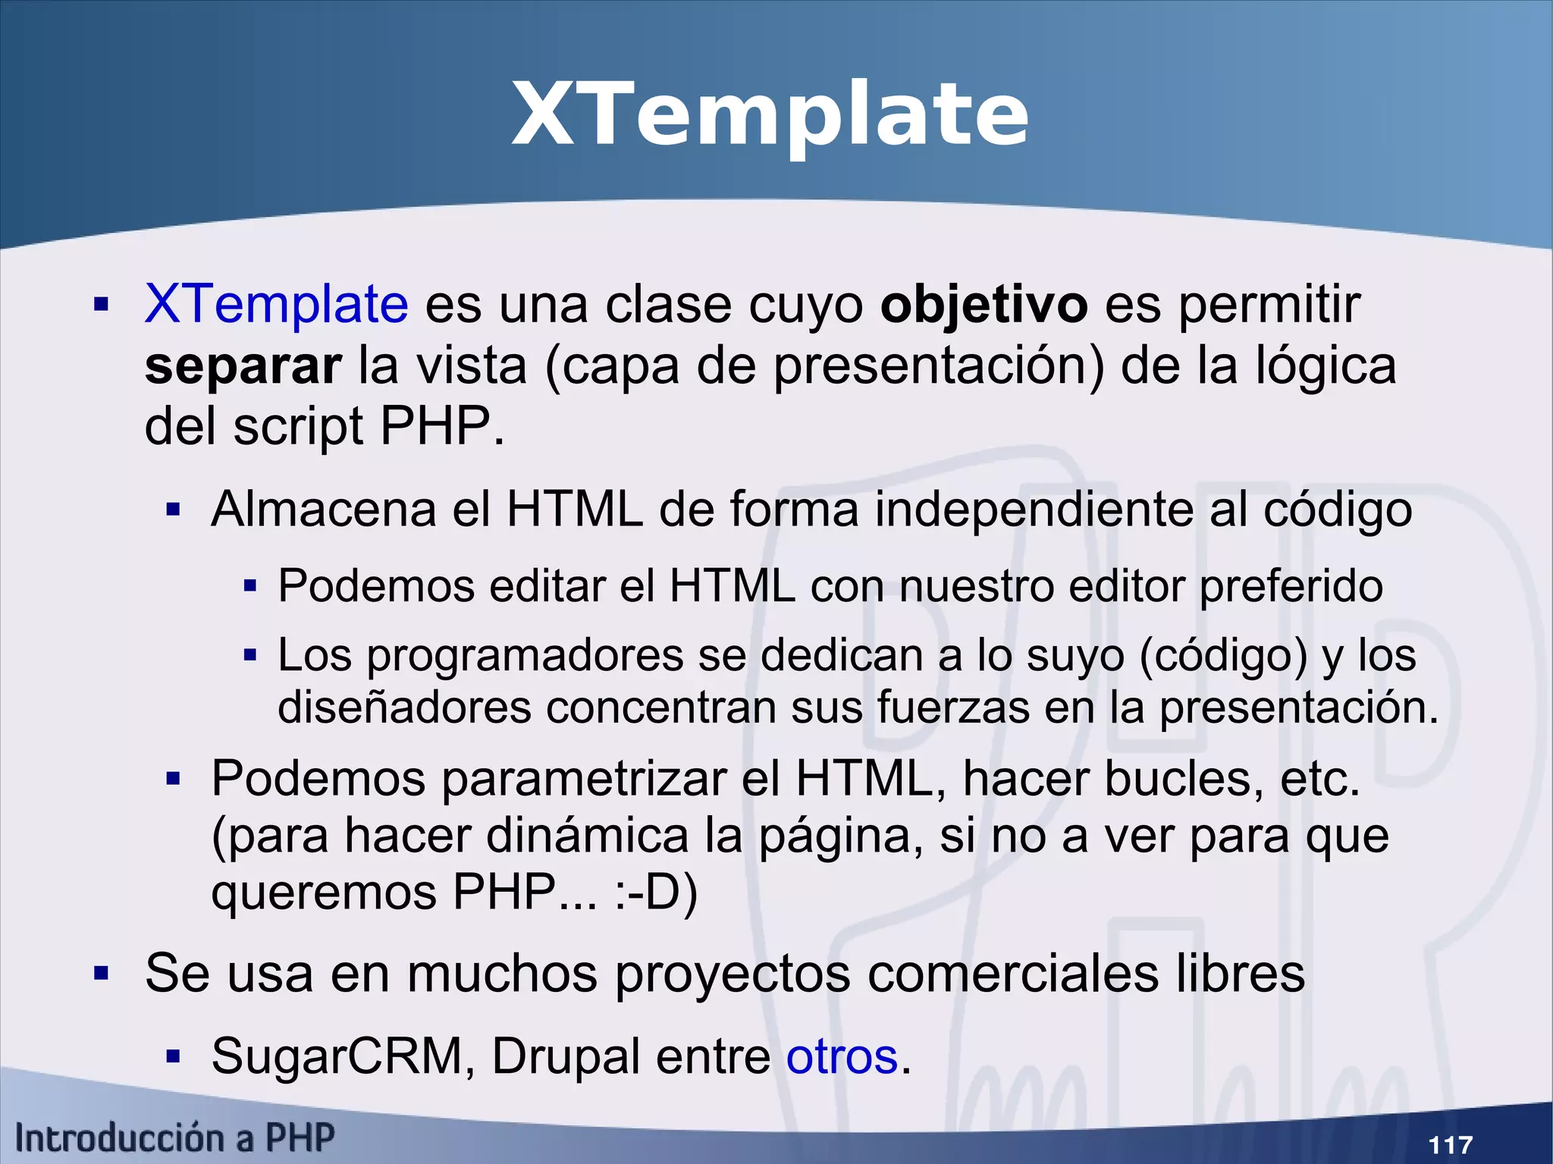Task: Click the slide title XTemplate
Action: coord(770,115)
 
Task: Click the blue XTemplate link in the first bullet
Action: coord(276,305)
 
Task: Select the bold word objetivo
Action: coord(984,305)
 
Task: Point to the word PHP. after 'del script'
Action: coord(441,427)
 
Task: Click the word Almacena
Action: coord(324,509)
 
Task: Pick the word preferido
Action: coord(1291,586)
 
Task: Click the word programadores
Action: coord(524,655)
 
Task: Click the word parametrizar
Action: coord(584,779)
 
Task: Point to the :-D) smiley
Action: coord(655,893)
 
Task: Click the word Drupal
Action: coord(566,1056)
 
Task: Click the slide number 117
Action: coord(1450,1144)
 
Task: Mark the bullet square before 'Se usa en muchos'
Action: coord(102,973)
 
